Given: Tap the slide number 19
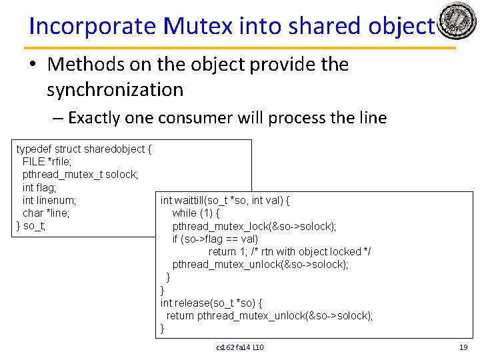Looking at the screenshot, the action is click(463, 347).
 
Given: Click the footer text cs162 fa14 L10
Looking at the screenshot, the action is click(240, 347).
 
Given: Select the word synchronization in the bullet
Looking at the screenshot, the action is click(115, 89).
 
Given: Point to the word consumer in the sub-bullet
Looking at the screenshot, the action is click(198, 118).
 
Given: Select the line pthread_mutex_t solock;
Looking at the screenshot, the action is click(80, 175).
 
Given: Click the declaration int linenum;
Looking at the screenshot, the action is click(49, 200).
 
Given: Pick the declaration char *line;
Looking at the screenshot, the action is click(46, 213).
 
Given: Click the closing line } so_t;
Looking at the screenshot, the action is click(31, 226).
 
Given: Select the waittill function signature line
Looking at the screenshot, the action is click(229, 200).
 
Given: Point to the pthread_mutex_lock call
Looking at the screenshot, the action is click(253, 226).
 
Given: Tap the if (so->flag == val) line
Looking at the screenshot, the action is click(215, 239).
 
